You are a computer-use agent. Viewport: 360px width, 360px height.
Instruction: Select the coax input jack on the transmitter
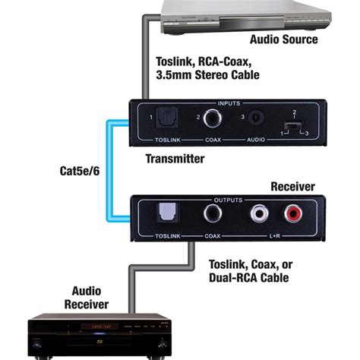213,119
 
